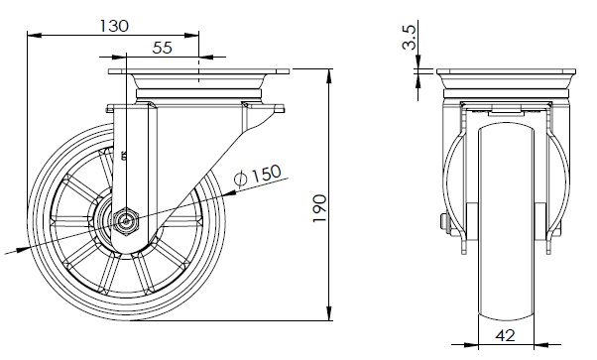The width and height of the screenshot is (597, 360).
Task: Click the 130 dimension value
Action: (x=114, y=26)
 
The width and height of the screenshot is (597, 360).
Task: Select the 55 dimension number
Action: (x=163, y=48)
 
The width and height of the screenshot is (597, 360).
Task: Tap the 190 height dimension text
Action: (x=319, y=209)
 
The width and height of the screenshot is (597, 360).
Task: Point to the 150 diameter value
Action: (x=266, y=174)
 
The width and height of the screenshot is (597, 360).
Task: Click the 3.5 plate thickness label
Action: (x=410, y=38)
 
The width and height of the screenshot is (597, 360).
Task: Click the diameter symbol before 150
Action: (x=241, y=179)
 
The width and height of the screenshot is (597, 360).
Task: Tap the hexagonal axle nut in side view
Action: (x=125, y=221)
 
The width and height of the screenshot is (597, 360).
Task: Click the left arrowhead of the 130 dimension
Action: (x=35, y=36)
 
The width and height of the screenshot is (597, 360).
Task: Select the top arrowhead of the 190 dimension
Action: (x=329, y=75)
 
